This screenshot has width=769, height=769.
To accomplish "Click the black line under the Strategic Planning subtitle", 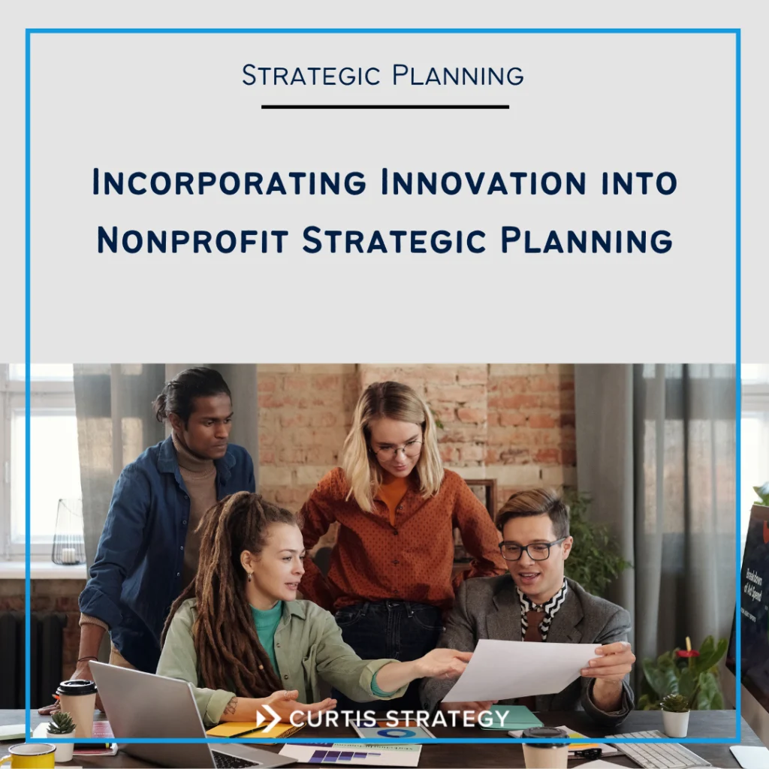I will (x=384, y=107).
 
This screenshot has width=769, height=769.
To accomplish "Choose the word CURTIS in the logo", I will (x=333, y=719).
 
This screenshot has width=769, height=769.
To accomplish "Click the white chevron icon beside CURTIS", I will (x=268, y=719).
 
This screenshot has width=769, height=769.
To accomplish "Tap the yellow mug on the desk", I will (x=27, y=755).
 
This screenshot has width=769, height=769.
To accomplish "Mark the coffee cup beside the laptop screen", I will (x=77, y=707).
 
